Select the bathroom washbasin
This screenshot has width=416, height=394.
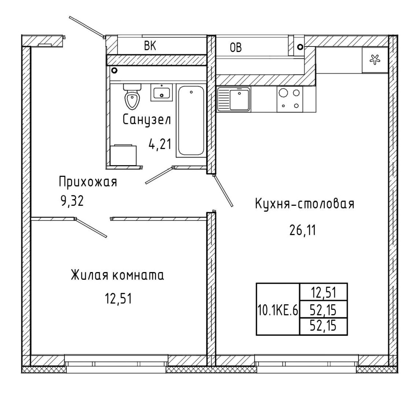tap(162, 93)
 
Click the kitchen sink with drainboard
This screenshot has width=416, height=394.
tap(234, 99)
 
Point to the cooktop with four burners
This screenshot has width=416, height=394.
tap(290, 99)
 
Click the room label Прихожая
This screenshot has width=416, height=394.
tap(88, 182)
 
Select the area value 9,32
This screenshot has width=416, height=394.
tap(72, 201)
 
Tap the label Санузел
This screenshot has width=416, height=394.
tap(147, 120)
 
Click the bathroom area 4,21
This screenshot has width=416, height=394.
tap(160, 144)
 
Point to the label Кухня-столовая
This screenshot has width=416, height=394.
tap(305, 204)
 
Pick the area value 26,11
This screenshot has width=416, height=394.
tap(303, 230)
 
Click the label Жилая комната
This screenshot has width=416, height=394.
tap(117, 275)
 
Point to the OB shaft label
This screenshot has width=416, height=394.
tap(236, 47)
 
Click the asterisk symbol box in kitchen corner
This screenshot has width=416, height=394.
tap(375, 60)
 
